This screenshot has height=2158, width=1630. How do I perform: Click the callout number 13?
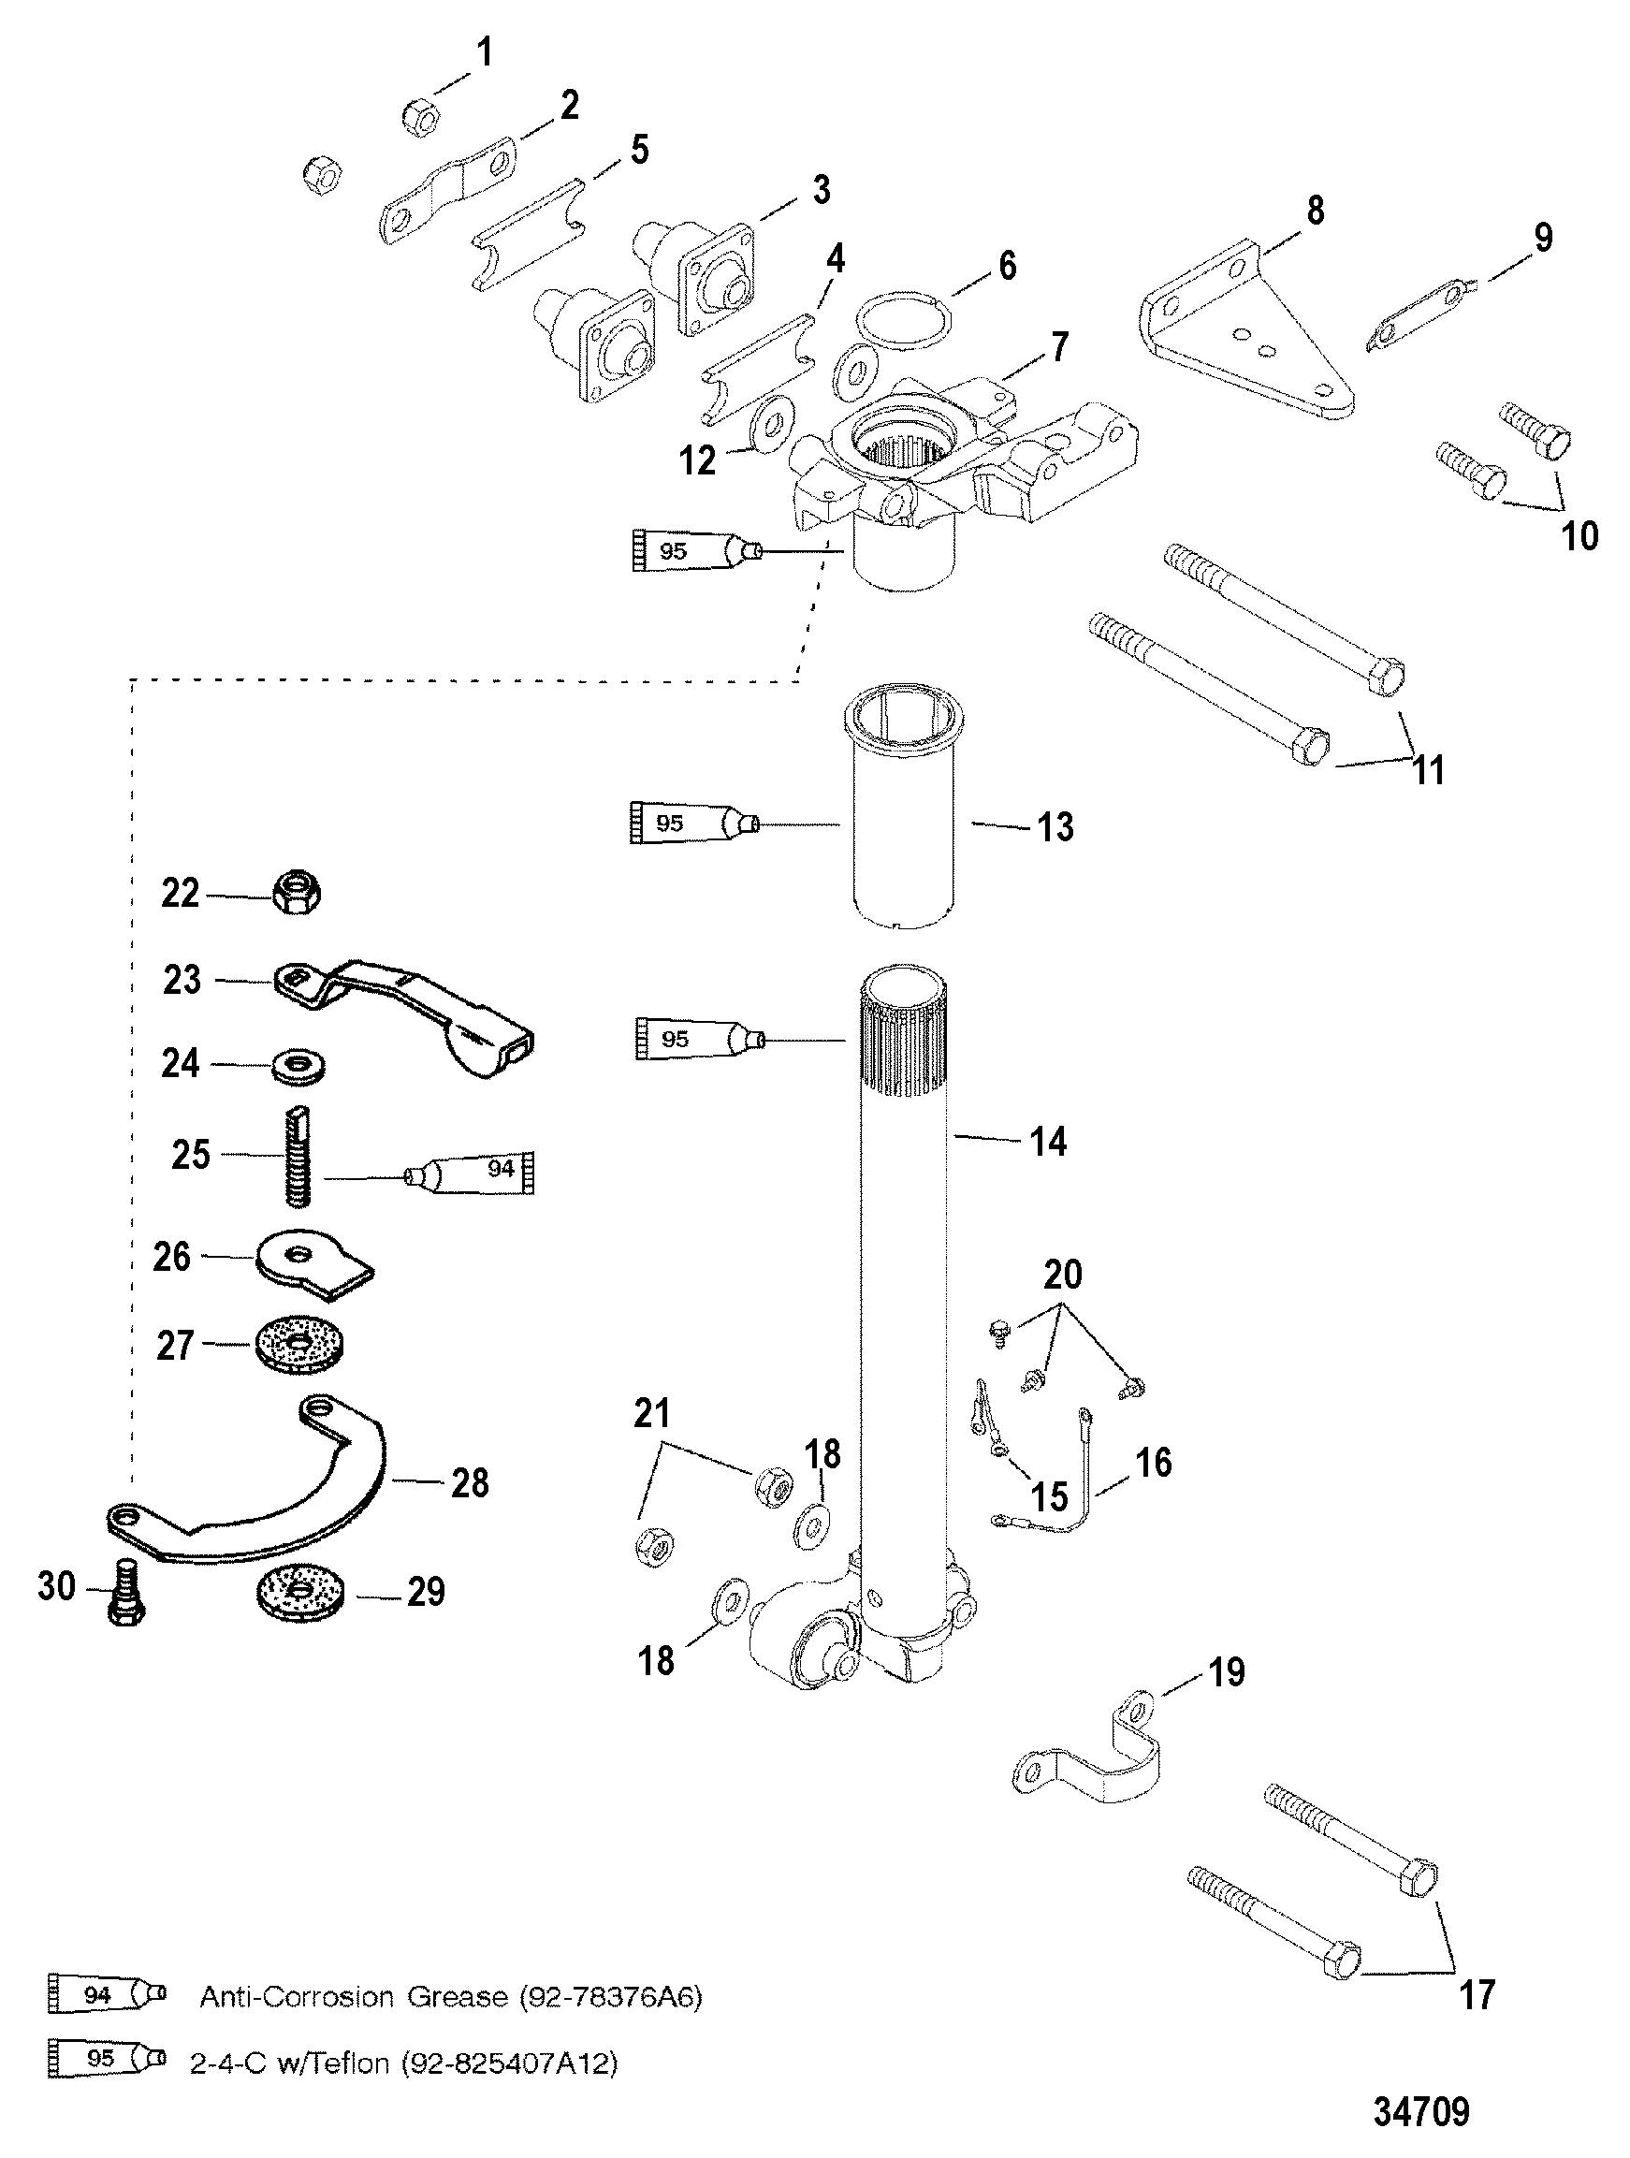[1054, 826]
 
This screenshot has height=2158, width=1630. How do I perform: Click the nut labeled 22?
[298, 892]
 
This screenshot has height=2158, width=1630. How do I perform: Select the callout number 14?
[1048, 1141]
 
